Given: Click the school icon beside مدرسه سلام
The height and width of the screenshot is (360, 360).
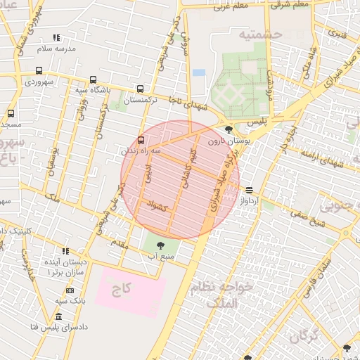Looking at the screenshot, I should (x=56, y=37).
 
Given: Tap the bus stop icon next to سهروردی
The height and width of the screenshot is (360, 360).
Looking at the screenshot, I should (x=38, y=70).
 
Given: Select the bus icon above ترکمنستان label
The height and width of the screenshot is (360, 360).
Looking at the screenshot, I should (x=140, y=89).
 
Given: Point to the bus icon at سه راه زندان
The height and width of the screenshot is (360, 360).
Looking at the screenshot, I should (x=141, y=139).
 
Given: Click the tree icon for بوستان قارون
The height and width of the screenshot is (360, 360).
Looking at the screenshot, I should (x=229, y=129).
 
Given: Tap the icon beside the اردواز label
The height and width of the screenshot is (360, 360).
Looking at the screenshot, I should (x=250, y=190).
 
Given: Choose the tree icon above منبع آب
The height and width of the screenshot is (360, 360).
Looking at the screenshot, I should (x=160, y=245).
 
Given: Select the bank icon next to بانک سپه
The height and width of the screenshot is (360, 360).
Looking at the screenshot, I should (x=70, y=290).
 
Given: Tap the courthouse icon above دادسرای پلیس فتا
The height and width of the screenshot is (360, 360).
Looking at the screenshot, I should (x=58, y=316).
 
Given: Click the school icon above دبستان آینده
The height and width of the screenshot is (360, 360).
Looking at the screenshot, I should (x=65, y=251).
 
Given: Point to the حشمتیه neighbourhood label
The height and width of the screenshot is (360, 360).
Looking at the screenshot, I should (x=259, y=34).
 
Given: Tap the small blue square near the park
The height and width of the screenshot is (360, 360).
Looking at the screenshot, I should (x=199, y=72).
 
